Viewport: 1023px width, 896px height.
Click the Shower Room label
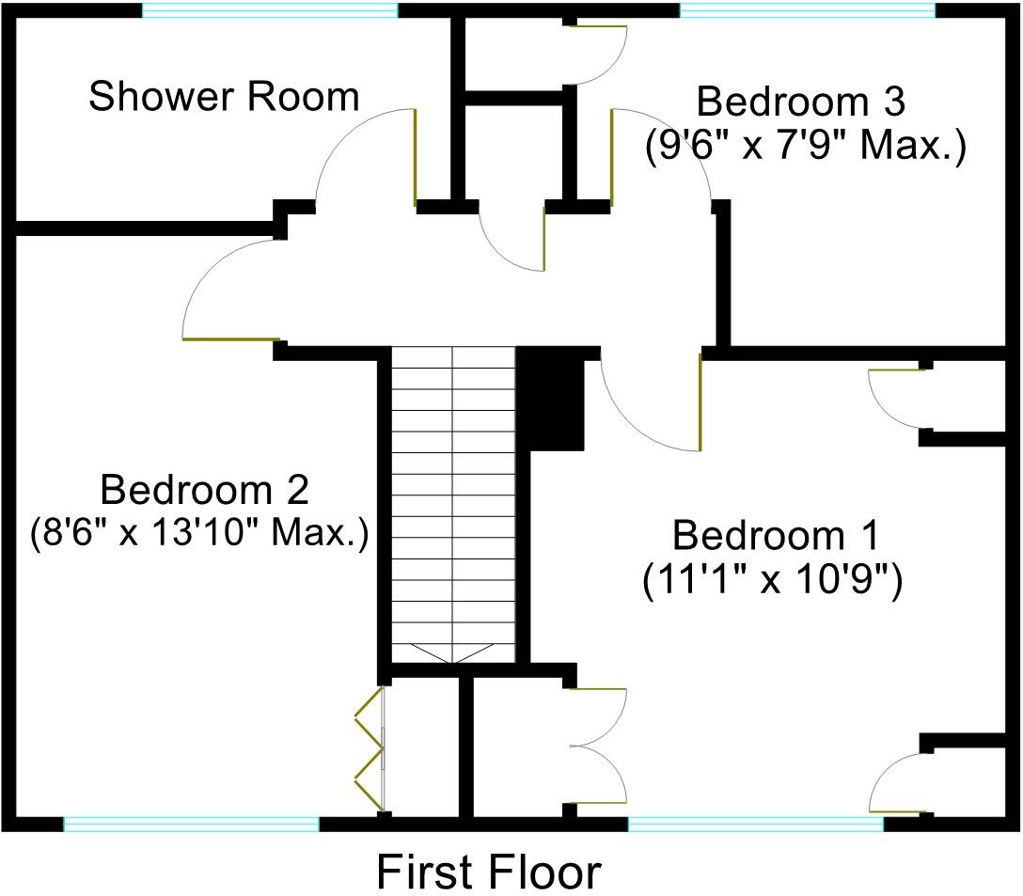(x=224, y=97)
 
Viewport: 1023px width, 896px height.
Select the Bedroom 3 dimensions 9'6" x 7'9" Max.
(x=805, y=148)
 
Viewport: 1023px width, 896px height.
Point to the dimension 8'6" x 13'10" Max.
(x=197, y=533)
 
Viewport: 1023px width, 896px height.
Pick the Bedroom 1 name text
(x=775, y=536)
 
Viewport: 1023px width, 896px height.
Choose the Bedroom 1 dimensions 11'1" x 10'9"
(x=773, y=581)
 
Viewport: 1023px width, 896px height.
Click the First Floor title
(x=488, y=872)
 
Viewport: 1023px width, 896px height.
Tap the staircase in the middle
(x=453, y=498)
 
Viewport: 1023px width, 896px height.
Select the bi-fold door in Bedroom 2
(x=370, y=748)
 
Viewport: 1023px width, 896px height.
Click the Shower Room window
(x=270, y=11)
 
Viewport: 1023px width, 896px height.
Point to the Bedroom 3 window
(x=807, y=11)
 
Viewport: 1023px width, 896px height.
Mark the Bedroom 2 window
(x=191, y=825)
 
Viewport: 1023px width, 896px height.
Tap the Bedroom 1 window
(x=755, y=825)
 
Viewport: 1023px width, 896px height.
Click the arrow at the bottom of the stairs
(x=453, y=654)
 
